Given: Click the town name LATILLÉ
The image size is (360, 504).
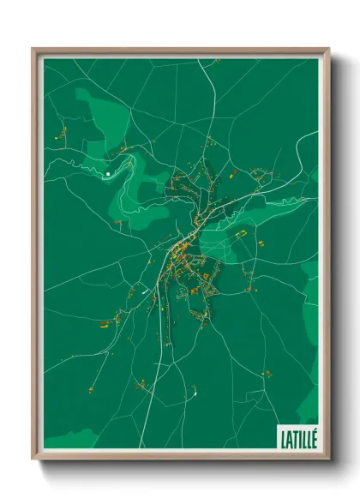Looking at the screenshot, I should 298,437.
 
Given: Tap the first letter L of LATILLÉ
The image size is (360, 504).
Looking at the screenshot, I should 283,438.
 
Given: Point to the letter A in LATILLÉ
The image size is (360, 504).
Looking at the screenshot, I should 289,438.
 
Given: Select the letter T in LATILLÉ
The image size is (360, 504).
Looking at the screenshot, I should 295,438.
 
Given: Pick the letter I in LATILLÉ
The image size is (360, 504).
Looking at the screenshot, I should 300,438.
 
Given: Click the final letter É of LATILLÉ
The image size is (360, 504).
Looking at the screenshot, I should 314,438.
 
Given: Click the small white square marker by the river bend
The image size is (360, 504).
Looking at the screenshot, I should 108,174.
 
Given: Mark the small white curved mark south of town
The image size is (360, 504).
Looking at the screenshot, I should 196,393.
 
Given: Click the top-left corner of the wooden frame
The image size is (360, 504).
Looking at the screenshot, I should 33,49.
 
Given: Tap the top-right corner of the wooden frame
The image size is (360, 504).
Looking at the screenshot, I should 328,49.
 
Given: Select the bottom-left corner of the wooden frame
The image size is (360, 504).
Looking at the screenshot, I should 33,459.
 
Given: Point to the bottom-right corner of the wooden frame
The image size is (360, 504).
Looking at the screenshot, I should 328,459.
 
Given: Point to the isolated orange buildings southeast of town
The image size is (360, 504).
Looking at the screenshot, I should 267,373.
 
